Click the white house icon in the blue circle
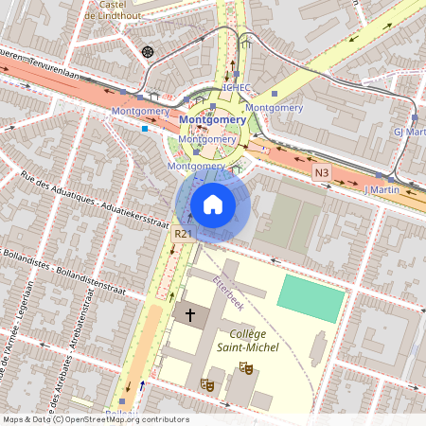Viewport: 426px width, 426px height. tap(213, 204)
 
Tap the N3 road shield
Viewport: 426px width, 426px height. tap(323, 172)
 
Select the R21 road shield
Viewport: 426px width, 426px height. tap(184, 233)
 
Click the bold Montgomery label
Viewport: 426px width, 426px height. tap(212, 121)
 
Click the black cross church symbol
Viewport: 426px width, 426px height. tap(189, 314)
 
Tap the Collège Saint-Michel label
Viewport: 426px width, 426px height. tap(248, 342)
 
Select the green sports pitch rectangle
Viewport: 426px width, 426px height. tap(311, 298)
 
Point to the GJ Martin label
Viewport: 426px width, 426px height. tap(408, 133)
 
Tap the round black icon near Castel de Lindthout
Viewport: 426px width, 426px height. tap(146, 51)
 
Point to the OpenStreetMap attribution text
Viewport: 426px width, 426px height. tap(95, 419)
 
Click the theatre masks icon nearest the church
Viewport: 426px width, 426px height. tap(205, 383)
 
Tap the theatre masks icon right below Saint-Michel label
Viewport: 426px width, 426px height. tap(246, 367)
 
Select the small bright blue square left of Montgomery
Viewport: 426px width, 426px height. tap(145, 128)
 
